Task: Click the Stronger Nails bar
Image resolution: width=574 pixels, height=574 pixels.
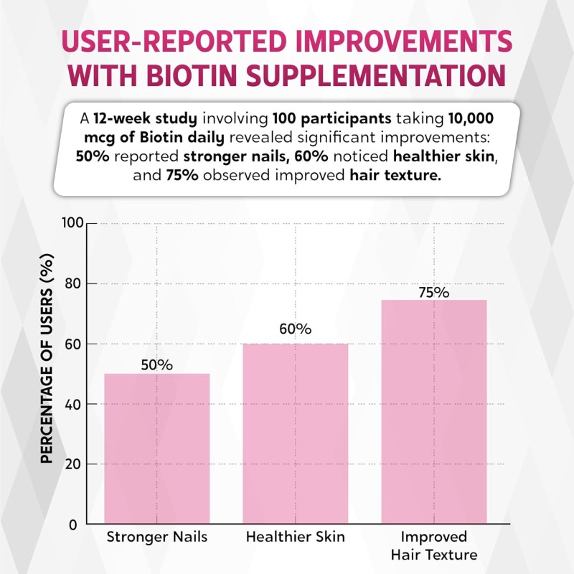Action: click(157, 448)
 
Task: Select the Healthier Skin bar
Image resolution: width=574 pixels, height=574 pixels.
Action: click(295, 433)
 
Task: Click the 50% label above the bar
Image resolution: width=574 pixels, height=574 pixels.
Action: click(157, 364)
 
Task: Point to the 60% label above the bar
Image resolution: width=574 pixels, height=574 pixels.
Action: click(295, 329)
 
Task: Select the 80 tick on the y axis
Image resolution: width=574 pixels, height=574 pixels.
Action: click(72, 284)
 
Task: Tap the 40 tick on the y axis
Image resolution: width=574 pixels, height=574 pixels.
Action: click(72, 404)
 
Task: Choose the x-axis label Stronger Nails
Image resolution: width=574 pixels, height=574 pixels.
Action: click(157, 537)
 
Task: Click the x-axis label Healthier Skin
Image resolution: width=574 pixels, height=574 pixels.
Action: click(295, 537)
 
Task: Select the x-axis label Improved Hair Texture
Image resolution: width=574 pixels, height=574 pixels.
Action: click(433, 546)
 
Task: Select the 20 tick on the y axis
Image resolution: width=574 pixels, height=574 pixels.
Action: click(72, 464)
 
